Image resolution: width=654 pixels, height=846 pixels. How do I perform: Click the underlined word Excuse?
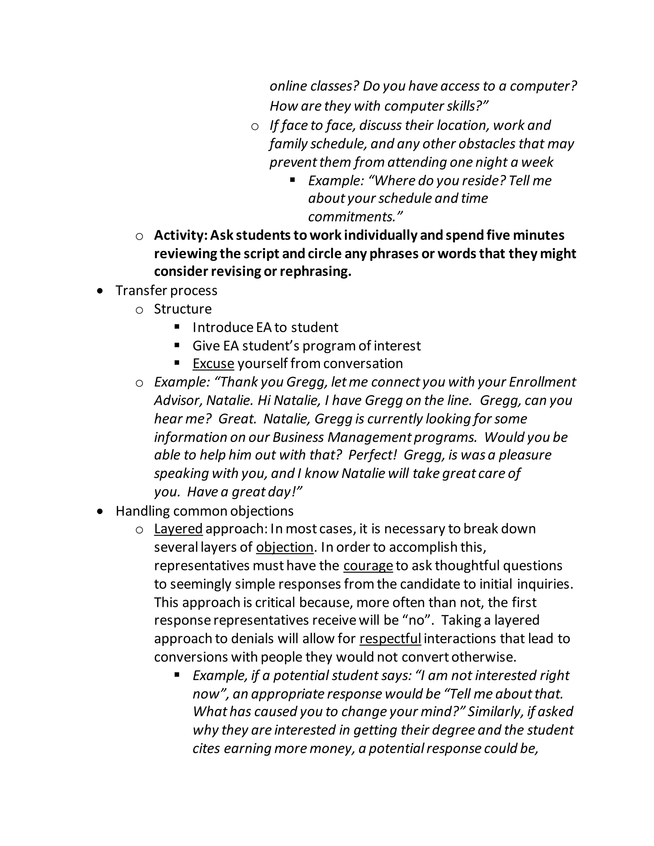click(x=213, y=364)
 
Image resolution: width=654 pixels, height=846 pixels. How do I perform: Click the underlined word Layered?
click(x=178, y=529)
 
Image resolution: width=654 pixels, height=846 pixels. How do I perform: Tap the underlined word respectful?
click(x=390, y=638)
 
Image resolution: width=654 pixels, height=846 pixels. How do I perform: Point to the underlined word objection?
click(x=285, y=547)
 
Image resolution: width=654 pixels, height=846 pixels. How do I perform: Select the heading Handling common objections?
click(x=205, y=511)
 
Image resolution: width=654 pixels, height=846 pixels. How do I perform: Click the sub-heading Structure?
click(x=182, y=309)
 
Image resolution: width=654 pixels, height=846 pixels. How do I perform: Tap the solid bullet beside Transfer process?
click(x=101, y=291)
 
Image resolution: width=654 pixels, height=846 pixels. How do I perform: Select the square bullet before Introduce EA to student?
click(x=177, y=327)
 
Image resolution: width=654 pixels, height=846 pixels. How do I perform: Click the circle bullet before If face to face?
click(x=255, y=126)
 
